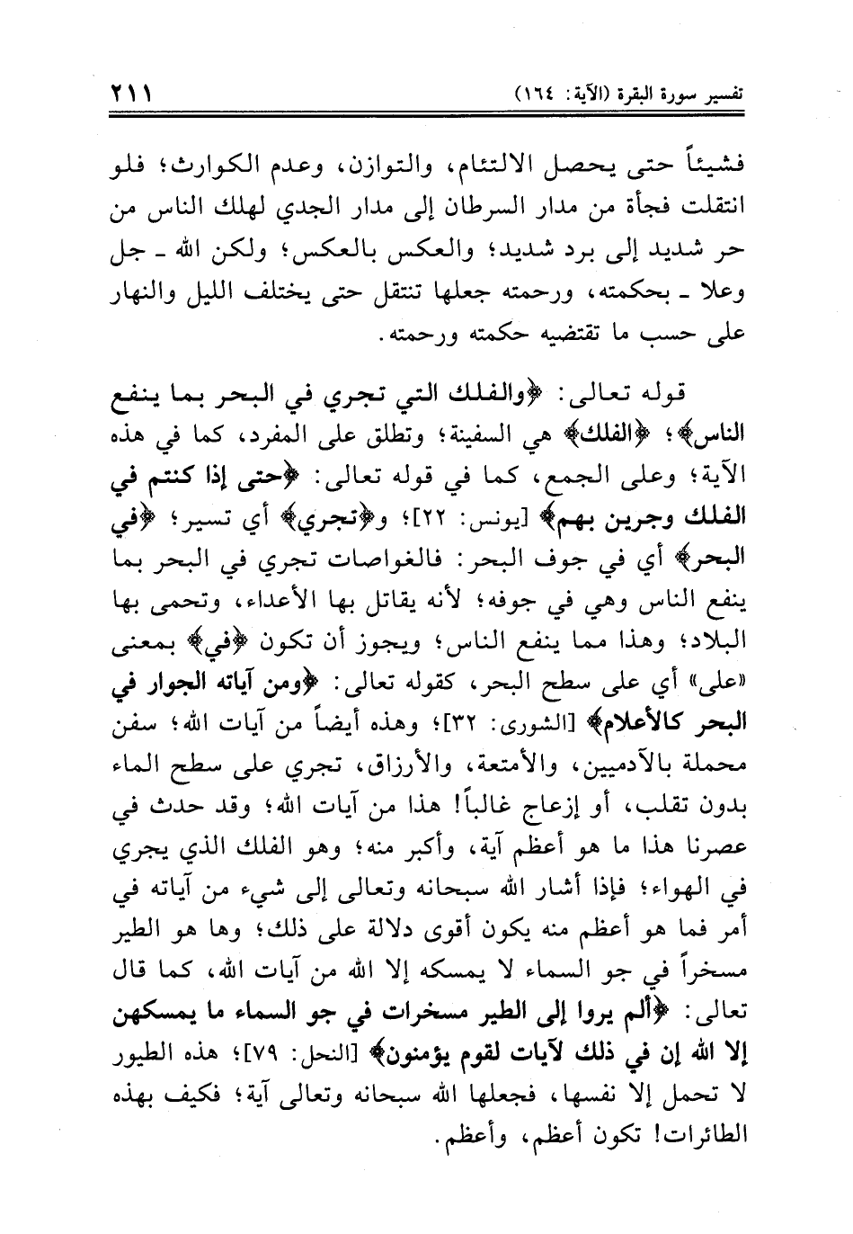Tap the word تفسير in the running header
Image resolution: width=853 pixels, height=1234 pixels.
[728, 93]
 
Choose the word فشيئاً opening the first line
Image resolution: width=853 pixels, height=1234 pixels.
[719, 168]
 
